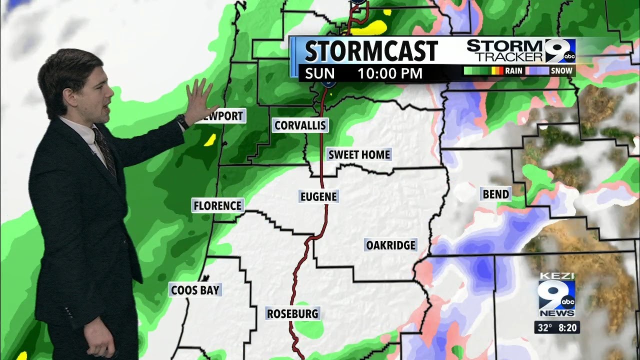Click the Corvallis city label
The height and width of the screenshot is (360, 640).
tap(300, 125)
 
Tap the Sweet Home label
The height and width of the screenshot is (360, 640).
tap(358, 154)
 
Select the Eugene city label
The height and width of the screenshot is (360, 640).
tap(318, 196)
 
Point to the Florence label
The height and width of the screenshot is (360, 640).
tap(217, 205)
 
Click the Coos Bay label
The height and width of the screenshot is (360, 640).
tap(195, 290)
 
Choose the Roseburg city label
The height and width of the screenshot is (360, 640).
tap(292, 314)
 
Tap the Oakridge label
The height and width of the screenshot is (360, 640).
tap(390, 245)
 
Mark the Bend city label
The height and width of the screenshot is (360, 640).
tap(495, 194)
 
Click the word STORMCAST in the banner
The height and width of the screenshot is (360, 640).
tap(371, 51)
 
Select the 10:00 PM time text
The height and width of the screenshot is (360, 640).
tap(390, 73)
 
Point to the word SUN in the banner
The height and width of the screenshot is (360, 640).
tap(320, 73)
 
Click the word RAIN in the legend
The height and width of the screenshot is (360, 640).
tap(513, 71)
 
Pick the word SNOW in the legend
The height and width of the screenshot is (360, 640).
tap(561, 71)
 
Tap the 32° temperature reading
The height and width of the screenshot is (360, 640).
tap(544, 328)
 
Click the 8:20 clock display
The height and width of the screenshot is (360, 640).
tap(567, 328)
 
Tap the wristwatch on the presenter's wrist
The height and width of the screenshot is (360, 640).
tap(182, 121)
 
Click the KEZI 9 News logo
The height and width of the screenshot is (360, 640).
tap(556, 295)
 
